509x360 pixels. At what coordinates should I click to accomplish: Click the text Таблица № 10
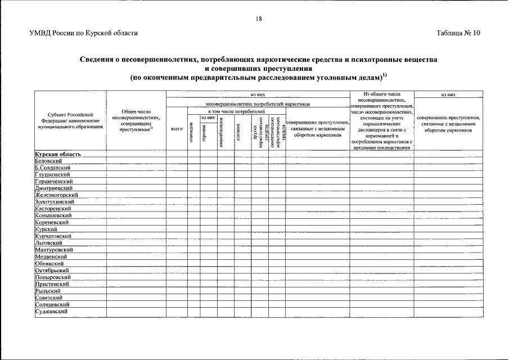click(458, 33)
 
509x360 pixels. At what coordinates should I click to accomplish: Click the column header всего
click(177, 129)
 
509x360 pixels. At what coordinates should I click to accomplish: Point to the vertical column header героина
click(204, 132)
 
